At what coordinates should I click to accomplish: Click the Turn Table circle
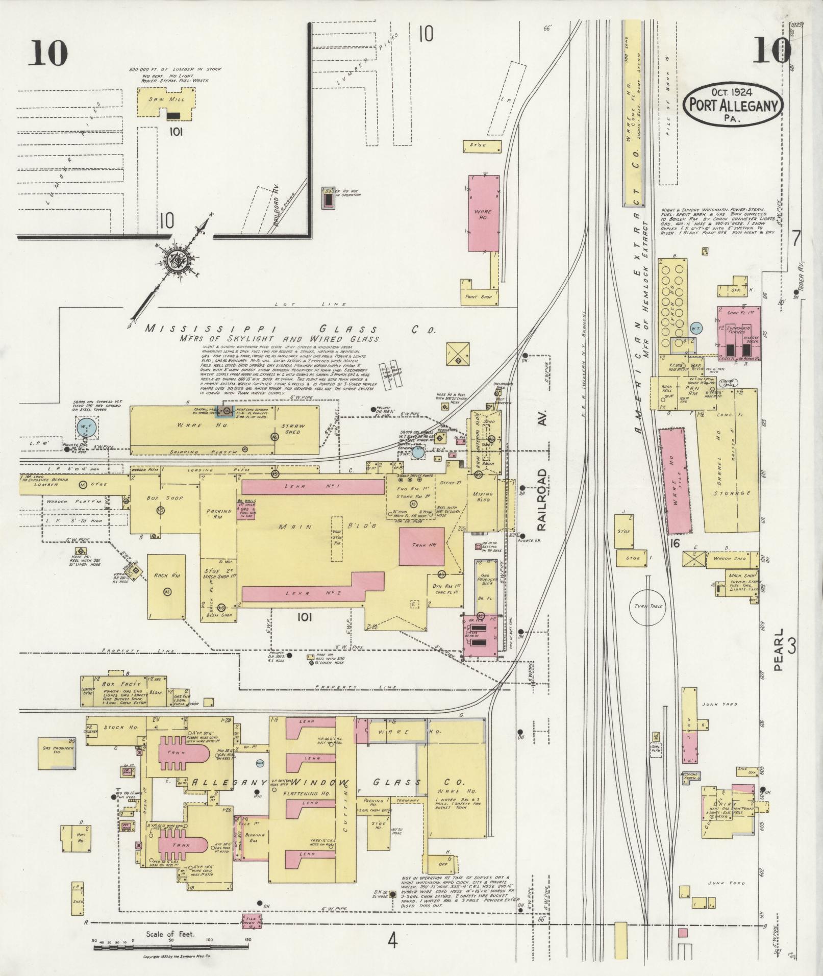point(648,606)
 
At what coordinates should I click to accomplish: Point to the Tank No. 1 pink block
point(421,546)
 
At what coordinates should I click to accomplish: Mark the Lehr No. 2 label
point(303,593)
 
